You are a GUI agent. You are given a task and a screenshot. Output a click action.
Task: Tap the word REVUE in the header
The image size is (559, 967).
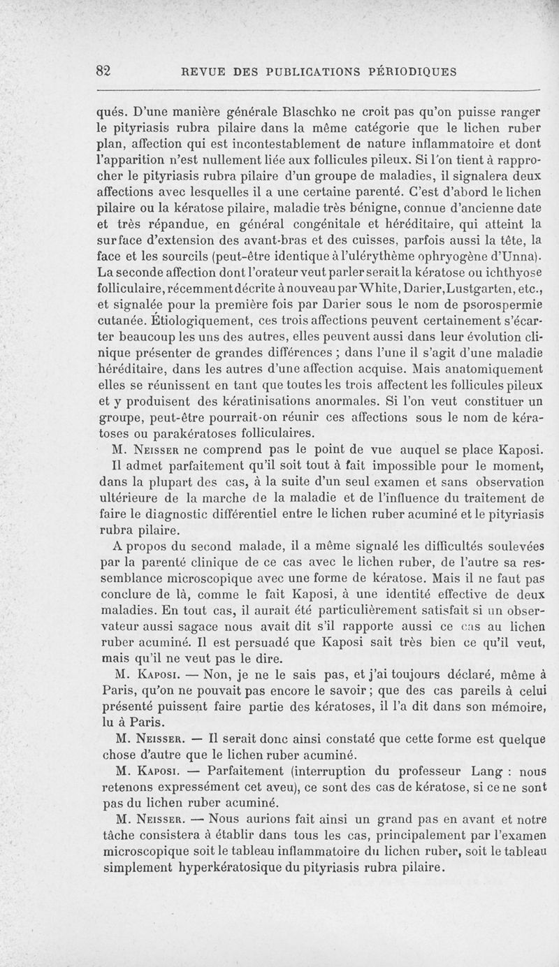203,71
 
